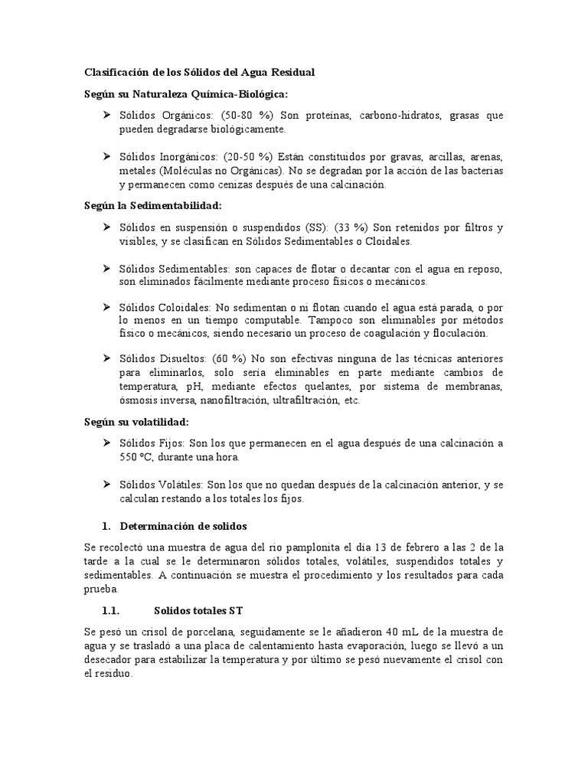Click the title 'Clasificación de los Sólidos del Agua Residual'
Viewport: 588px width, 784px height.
198,72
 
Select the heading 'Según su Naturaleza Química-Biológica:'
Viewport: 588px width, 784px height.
186,93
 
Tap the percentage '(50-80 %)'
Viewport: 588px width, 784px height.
252,115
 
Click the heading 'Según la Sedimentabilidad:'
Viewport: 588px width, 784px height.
152,206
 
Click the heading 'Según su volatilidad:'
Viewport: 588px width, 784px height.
136,422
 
